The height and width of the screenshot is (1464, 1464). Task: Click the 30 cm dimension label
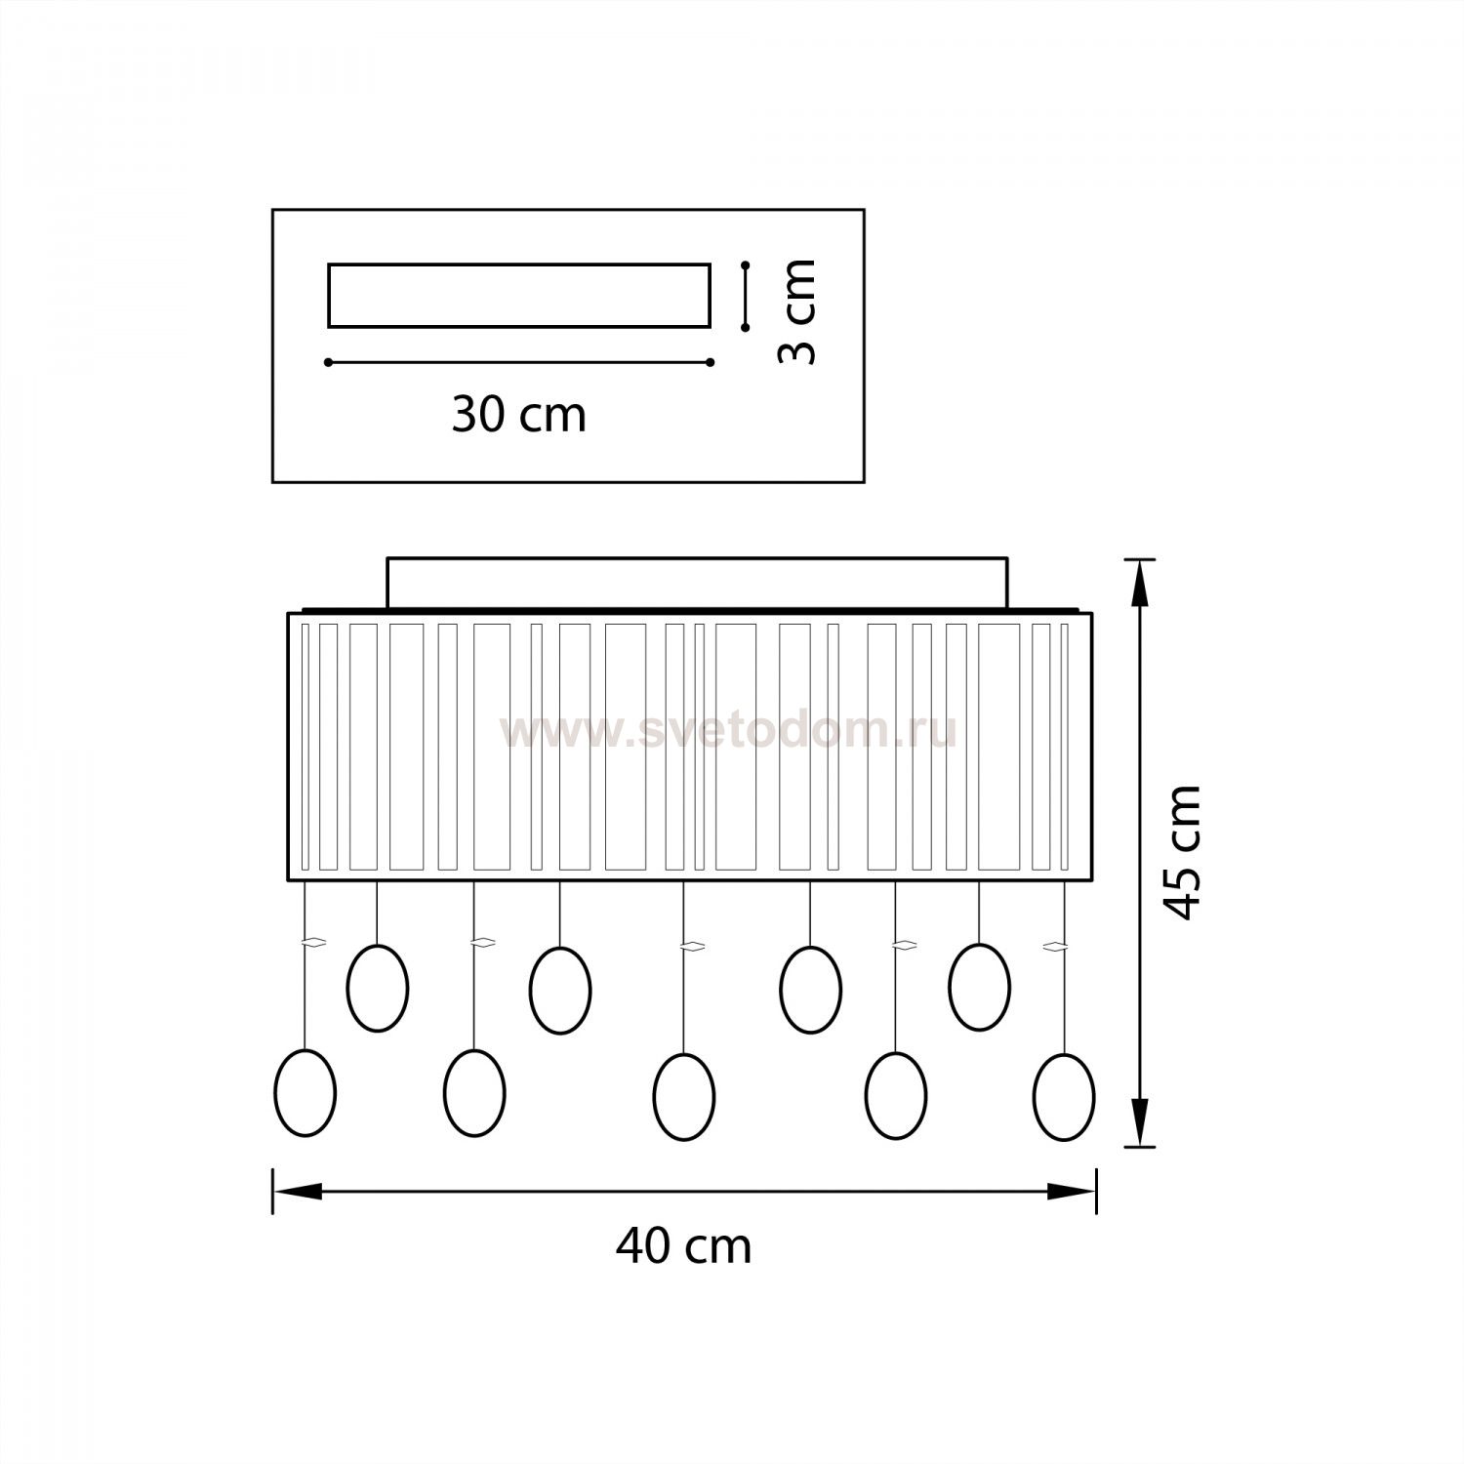pos(518,416)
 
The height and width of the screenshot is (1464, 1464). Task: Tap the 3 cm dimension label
pos(796,312)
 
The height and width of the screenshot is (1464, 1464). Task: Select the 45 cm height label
pos(1183,851)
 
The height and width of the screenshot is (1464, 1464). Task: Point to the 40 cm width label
pos(683,1246)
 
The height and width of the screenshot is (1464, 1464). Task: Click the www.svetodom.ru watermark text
pos(728,731)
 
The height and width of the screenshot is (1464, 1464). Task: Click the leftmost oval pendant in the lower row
pos(305,1093)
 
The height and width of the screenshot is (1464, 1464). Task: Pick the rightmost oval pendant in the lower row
pos(1064,1096)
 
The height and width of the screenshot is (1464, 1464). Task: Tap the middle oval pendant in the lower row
pos(684,1096)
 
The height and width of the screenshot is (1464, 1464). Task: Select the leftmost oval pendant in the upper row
pos(378,988)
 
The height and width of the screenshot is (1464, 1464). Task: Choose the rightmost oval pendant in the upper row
pos(980,987)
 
